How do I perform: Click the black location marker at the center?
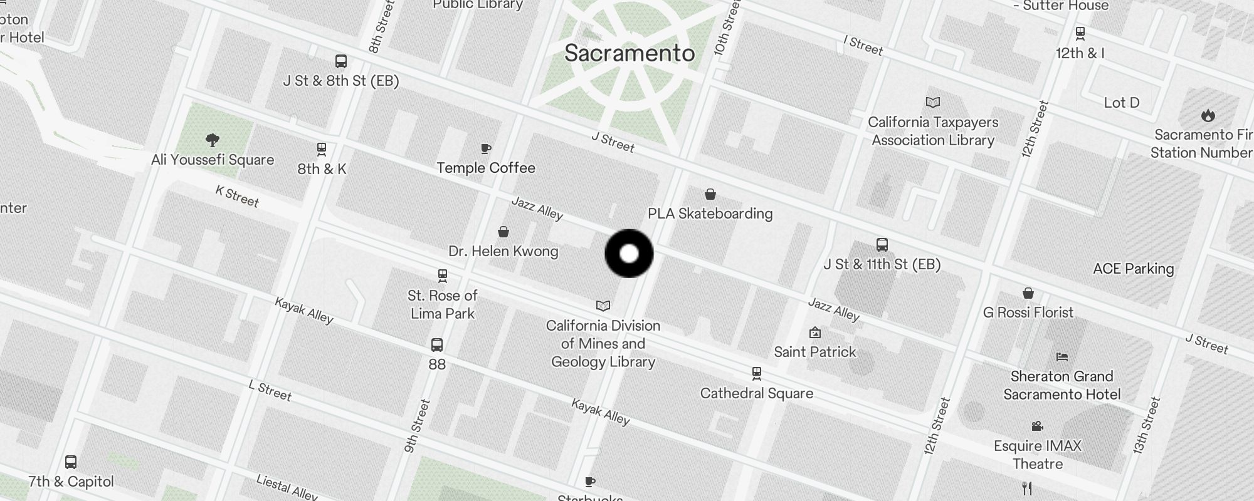click(629, 254)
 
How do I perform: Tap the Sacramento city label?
click(630, 53)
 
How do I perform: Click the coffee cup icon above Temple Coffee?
click(486, 148)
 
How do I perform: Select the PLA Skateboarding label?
click(710, 214)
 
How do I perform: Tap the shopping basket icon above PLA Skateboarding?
click(710, 194)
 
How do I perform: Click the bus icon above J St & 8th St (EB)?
click(341, 61)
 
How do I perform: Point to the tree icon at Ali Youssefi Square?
click(213, 140)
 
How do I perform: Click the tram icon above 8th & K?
click(322, 149)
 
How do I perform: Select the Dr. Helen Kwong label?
click(503, 251)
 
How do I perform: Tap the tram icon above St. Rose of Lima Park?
click(443, 276)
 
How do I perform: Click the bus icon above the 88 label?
click(437, 344)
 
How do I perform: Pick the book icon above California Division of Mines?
click(603, 306)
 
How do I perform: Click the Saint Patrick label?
click(814, 352)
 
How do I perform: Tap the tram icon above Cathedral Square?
click(757, 374)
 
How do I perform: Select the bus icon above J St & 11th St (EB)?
click(882, 244)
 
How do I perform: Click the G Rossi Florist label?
click(1028, 312)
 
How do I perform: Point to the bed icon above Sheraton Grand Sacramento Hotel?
click(1062, 357)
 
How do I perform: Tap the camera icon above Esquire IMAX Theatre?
click(1037, 426)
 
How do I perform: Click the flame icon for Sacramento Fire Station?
click(1208, 115)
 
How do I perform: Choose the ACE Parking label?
click(1133, 269)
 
